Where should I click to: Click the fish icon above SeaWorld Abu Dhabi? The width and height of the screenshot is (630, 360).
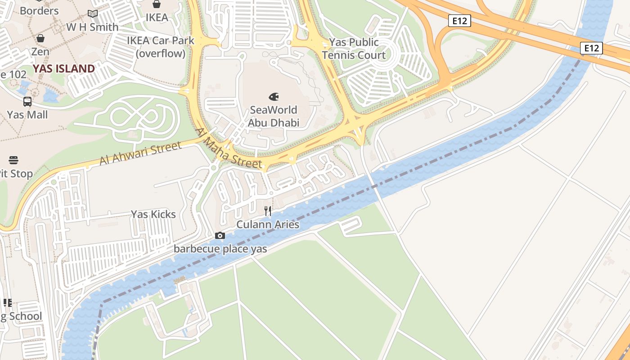tap(274, 97)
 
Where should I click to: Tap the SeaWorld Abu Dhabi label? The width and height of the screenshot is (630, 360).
tap(274, 116)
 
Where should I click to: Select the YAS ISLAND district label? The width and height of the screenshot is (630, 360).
tap(63, 69)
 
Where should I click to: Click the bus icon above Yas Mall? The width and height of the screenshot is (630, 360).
tap(27, 102)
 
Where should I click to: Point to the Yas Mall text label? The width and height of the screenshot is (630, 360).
tap(27, 115)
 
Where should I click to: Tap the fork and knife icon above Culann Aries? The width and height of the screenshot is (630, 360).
tap(268, 211)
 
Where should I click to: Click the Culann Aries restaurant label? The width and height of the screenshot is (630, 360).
tap(268, 224)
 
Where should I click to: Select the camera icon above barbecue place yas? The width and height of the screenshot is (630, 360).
tap(220, 235)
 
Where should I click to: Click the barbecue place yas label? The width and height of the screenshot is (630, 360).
tap(220, 249)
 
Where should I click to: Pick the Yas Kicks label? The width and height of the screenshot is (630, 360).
tap(153, 214)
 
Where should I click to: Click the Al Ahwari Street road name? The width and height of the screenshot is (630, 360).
tap(140, 153)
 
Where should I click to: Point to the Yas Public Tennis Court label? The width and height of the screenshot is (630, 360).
tap(354, 49)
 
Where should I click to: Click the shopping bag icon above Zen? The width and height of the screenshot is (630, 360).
tap(40, 38)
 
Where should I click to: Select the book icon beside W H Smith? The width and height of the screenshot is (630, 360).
tap(93, 14)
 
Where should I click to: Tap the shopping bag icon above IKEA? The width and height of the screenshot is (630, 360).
tap(157, 4)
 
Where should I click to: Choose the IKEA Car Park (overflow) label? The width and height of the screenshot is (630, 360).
tap(161, 47)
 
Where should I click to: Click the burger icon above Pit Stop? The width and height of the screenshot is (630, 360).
tap(13, 160)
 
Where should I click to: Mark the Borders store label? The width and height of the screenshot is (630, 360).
tap(39, 11)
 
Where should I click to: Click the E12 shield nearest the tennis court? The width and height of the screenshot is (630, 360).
tap(459, 20)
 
